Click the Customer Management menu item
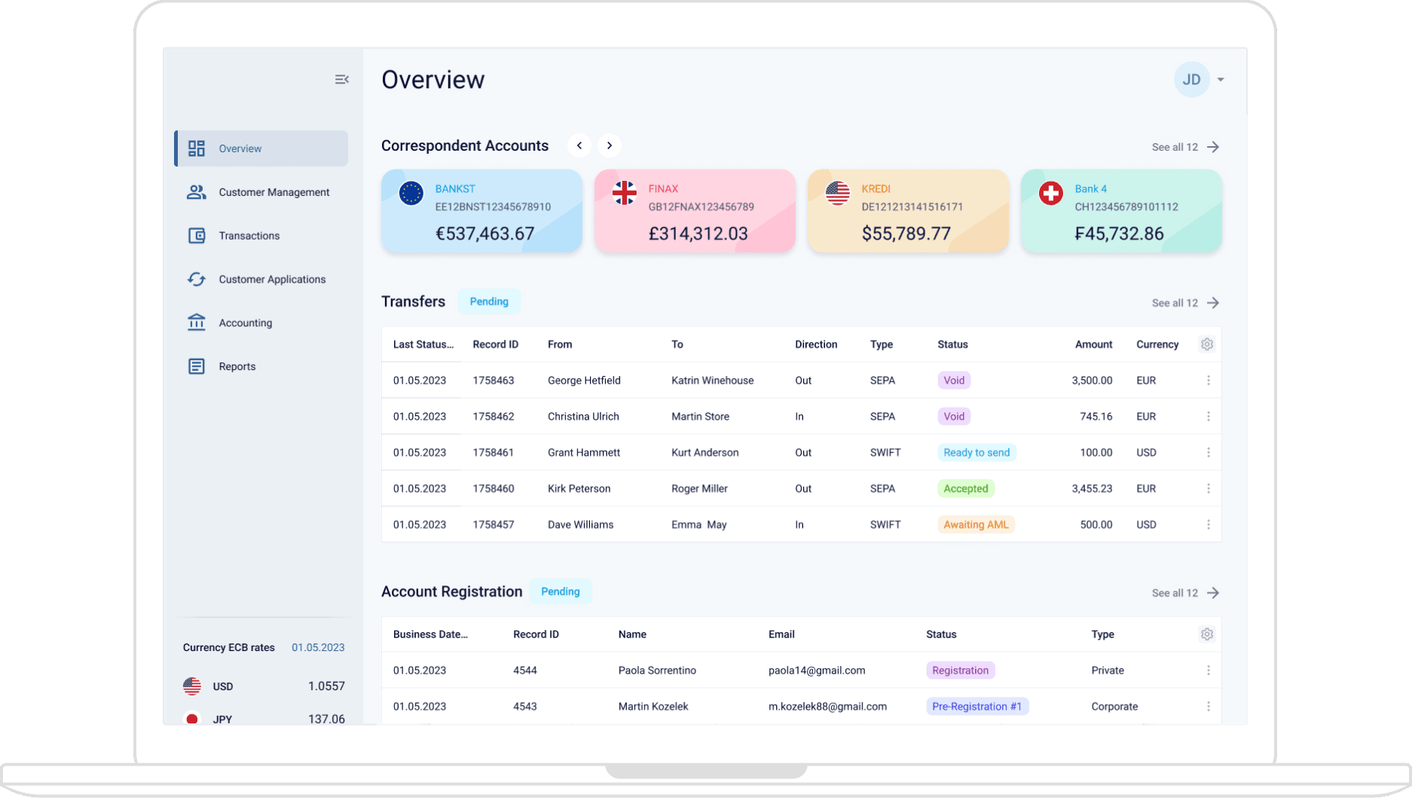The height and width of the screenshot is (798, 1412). click(273, 192)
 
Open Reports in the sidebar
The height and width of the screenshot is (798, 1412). click(237, 366)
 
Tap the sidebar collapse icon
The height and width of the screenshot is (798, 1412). click(341, 79)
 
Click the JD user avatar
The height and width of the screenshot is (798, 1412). click(1190, 79)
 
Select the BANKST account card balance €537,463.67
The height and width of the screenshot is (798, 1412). click(484, 234)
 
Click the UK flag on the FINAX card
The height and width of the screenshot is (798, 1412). click(624, 193)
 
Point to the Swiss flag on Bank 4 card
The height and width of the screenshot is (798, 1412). click(1050, 193)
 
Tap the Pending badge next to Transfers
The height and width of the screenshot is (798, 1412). click(489, 301)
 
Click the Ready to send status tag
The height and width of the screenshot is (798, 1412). click(976, 453)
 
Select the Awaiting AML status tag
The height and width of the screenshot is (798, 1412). click(975, 525)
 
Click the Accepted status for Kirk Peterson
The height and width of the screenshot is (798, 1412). click(965, 489)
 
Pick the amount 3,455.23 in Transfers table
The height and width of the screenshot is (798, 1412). click(1092, 489)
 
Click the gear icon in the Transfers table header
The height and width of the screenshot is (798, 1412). click(1206, 344)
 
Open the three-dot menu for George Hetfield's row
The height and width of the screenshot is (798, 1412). click(1208, 381)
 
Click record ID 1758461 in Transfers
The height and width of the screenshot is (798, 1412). click(493, 453)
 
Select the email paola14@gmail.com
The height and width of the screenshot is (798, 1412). click(816, 671)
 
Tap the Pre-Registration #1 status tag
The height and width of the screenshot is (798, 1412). click(976, 707)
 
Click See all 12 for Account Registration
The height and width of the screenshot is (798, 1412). click(1184, 593)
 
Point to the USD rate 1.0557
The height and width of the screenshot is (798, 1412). click(325, 686)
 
